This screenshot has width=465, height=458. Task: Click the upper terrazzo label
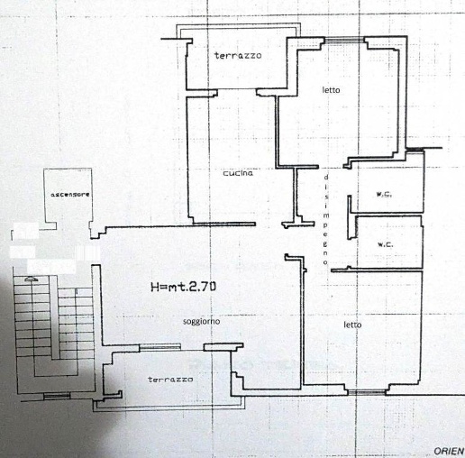tap(238, 55)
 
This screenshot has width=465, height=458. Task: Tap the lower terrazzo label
tap(170, 380)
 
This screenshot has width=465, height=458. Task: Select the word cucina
tap(238, 173)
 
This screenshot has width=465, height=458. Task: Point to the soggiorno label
tap(201, 322)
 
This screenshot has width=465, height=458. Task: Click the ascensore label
tap(70, 195)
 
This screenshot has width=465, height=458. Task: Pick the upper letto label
tap(331, 90)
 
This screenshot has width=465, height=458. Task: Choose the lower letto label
tap(352, 325)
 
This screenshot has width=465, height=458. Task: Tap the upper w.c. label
tap(384, 195)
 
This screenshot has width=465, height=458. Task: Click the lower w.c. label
tap(385, 244)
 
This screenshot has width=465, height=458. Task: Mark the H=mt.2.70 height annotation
tap(183, 287)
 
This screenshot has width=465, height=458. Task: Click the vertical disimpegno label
tap(326, 220)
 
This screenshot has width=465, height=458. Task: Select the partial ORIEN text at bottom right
tap(450, 451)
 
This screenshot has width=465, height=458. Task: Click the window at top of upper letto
tap(344, 40)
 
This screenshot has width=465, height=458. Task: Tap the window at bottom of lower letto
tap(367, 392)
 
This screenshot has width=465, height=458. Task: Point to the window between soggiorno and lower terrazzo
tap(160, 347)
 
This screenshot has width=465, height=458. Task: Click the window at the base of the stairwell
tap(57, 396)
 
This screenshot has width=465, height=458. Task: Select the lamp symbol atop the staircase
tap(32, 279)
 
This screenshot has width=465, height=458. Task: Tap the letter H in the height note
tap(155, 287)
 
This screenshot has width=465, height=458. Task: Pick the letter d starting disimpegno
tap(326, 178)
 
